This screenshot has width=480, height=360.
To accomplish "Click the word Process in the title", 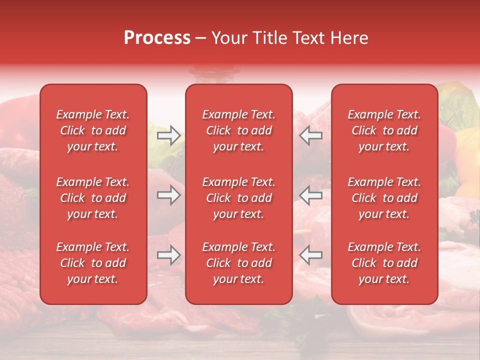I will (157, 38).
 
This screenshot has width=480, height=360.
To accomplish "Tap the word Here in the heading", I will (349, 38).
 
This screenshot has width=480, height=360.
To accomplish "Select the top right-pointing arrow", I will (169, 135).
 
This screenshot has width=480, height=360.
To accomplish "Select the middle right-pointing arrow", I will (169, 195).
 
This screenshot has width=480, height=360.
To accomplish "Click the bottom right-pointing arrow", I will (169, 255).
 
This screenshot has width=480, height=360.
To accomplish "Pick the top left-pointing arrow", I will (310, 135).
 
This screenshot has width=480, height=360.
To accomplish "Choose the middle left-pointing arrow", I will (310, 195).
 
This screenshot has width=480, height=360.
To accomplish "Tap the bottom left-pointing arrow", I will (310, 255).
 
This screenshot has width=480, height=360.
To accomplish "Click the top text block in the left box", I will (93, 130).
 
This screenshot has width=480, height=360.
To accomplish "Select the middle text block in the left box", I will (93, 198).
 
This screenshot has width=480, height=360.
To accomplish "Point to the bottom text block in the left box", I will (93, 263).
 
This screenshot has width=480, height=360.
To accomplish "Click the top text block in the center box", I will (238, 130).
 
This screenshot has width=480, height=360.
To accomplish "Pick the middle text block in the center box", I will (238, 198).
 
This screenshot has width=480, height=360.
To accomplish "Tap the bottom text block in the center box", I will (238, 263).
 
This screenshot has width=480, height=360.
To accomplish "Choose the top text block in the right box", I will (384, 130).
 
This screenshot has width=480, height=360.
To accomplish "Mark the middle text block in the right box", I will (384, 198).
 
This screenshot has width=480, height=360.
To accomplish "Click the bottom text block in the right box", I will (384, 263).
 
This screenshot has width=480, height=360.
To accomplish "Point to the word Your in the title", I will (228, 38).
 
